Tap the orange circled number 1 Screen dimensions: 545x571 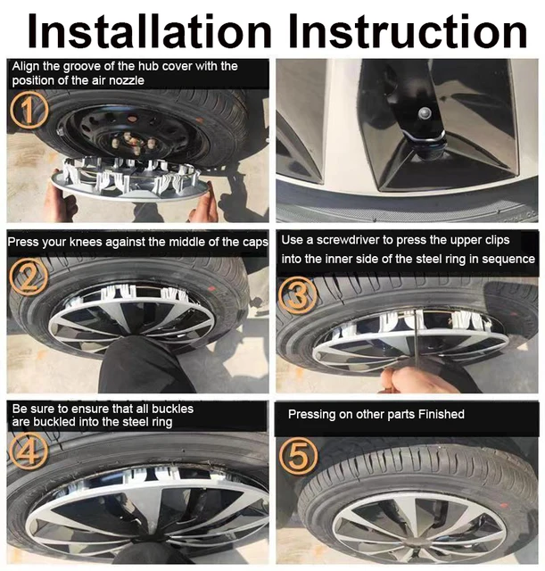coord(29,110)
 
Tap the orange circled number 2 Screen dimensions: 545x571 coord(29,277)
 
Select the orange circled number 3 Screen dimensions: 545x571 coord(297,294)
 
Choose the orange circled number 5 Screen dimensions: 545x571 coord(298,456)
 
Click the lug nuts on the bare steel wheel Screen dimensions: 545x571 coord(134,143)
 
